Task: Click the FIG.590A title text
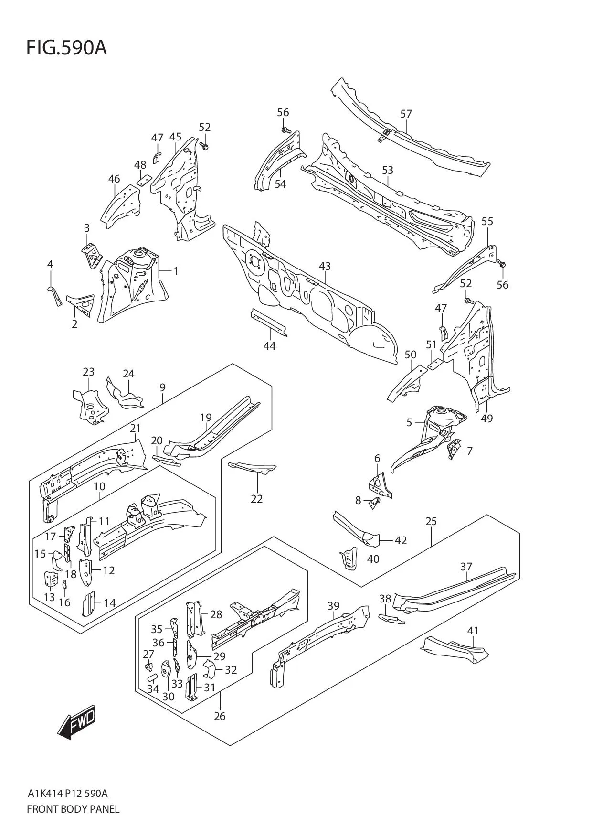[x=66, y=48]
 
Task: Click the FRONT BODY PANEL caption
[x=73, y=809]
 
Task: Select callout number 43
[x=325, y=266]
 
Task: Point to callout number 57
[x=406, y=114]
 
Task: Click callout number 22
[x=256, y=498]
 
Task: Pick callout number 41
[x=473, y=631]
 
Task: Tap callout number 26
[x=220, y=716]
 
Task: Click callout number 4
[x=50, y=264]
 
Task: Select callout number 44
[x=269, y=345]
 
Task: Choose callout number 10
[x=99, y=486]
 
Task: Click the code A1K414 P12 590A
[x=67, y=794]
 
